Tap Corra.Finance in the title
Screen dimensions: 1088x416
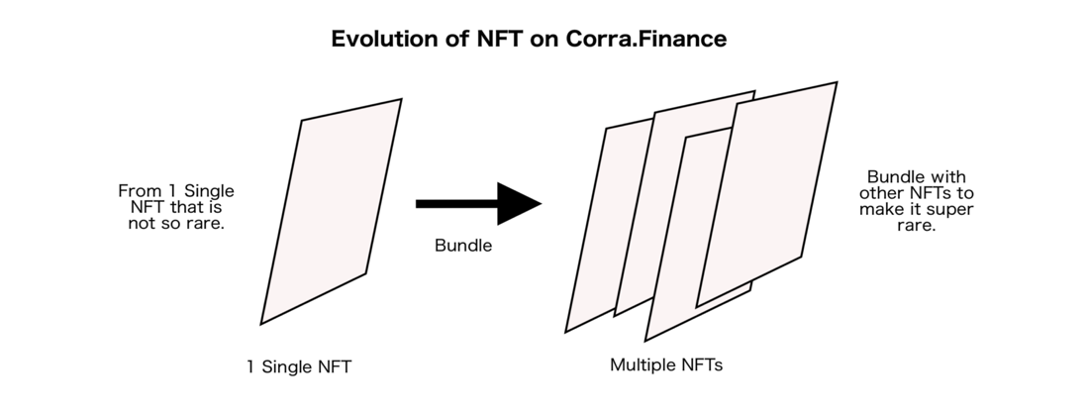coord(646,39)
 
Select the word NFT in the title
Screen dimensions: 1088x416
coord(500,39)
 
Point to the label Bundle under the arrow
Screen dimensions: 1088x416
coord(463,246)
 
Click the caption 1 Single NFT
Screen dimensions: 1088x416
coord(299,366)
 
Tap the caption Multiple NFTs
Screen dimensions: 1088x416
coord(666,364)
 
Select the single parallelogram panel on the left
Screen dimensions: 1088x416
coord(331,211)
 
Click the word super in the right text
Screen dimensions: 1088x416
coord(951,210)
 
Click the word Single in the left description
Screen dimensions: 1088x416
coord(209,191)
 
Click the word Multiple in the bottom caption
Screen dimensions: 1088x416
coord(639,364)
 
